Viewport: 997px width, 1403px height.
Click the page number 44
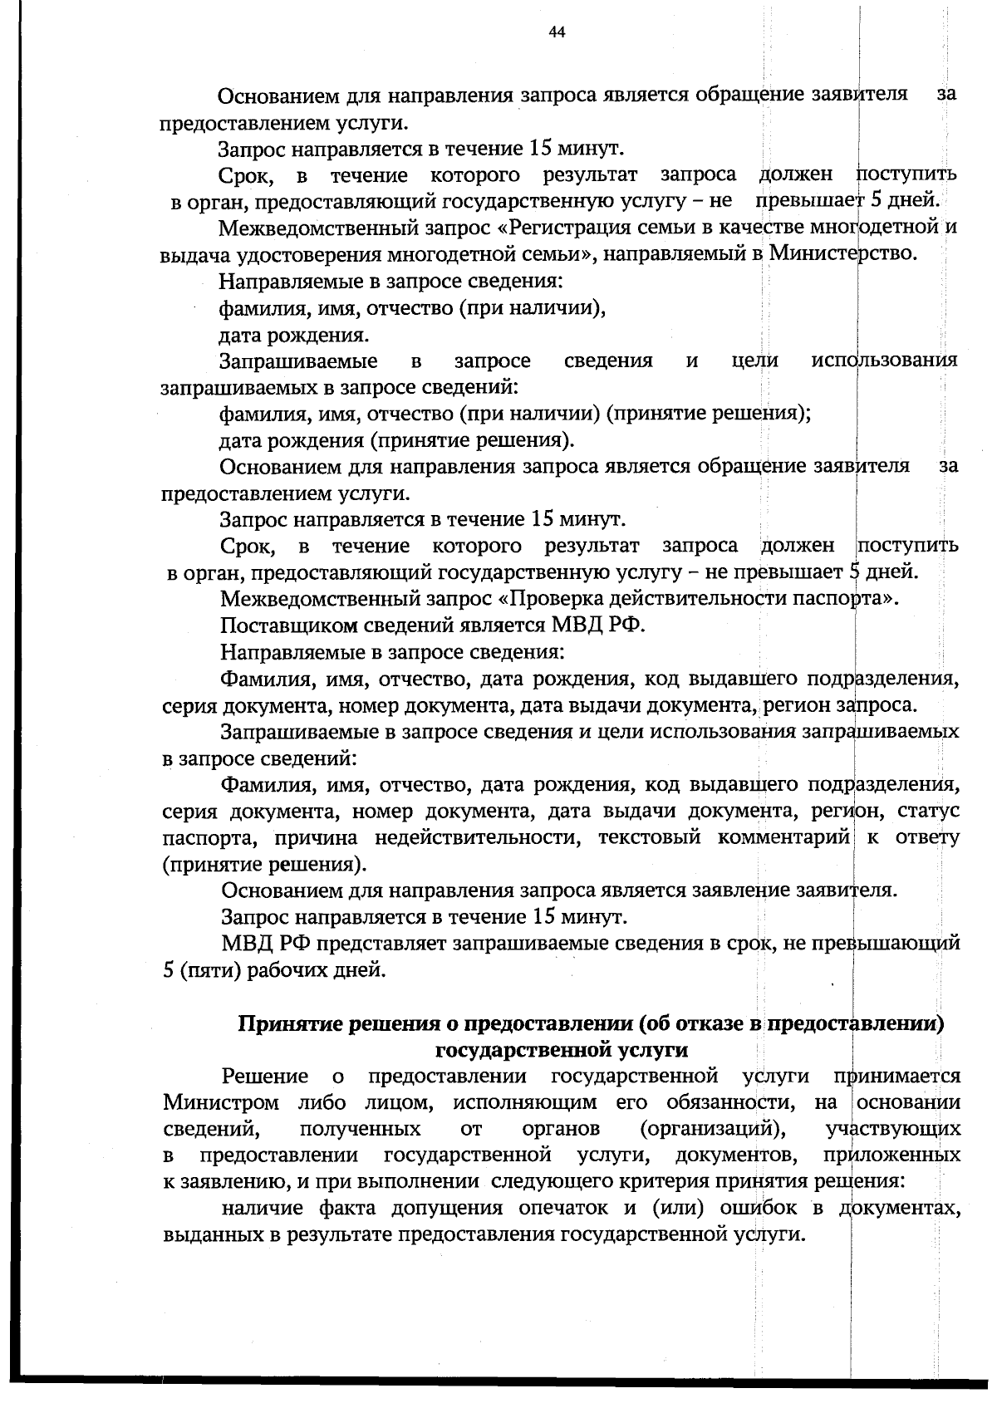[x=557, y=32]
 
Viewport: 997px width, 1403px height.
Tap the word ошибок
[x=753, y=1208]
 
